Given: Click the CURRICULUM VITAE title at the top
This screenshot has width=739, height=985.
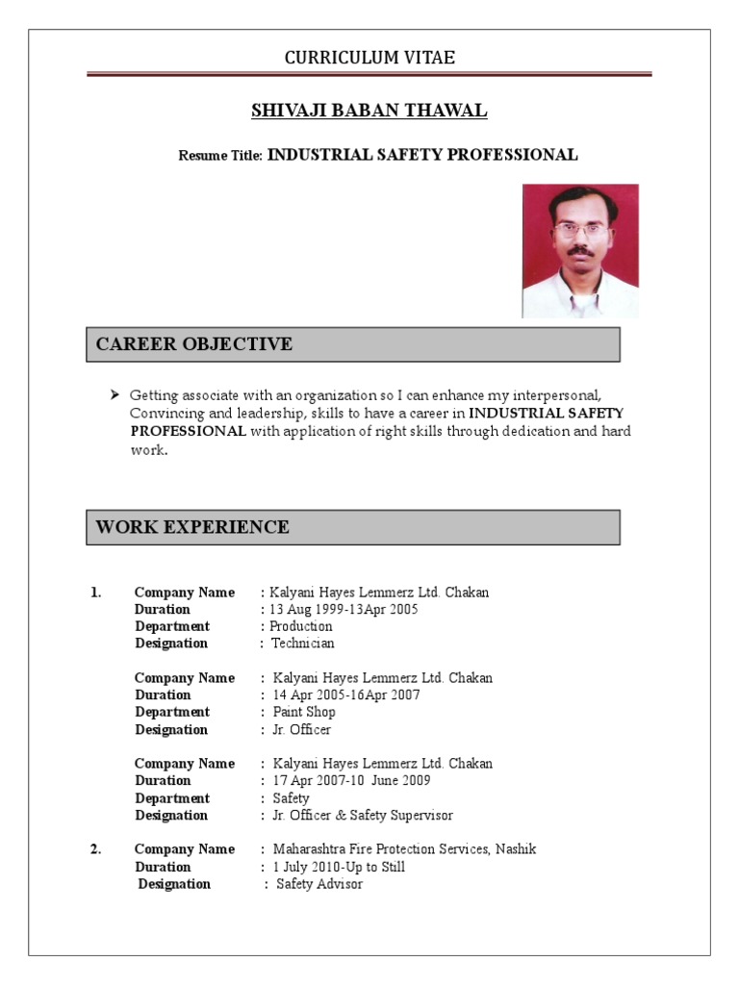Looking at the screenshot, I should point(369,59).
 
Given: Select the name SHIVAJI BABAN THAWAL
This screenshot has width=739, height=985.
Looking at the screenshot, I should point(369,112).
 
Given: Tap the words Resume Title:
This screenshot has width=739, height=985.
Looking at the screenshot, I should point(220,156).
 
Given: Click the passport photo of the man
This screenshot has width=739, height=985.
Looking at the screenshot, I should point(580,251).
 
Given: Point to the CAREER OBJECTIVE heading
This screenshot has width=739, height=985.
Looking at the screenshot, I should point(193,344).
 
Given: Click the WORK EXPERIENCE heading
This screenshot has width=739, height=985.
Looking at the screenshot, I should point(191,527).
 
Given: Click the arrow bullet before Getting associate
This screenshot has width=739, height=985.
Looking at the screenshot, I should point(115,395).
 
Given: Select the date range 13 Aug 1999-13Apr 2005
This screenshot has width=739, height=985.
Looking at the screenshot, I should point(344,610).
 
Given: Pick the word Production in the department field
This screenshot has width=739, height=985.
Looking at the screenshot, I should point(301,626).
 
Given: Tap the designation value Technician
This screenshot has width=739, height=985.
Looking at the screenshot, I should point(303,644).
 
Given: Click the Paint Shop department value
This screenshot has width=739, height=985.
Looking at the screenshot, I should point(304,713).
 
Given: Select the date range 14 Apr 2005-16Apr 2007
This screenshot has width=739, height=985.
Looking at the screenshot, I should point(346,695).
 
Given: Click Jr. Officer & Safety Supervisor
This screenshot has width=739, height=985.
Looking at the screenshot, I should point(363,816).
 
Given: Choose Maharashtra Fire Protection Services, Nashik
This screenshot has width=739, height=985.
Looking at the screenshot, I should point(404,849).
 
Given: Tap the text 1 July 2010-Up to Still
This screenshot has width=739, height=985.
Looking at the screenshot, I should point(339,868).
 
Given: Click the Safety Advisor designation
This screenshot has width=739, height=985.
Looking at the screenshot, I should point(319,885).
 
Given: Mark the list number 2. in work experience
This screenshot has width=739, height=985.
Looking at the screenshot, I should point(96,849).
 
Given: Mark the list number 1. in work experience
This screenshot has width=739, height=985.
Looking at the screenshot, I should point(96,593).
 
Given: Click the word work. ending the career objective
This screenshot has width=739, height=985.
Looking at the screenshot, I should point(149,450).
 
